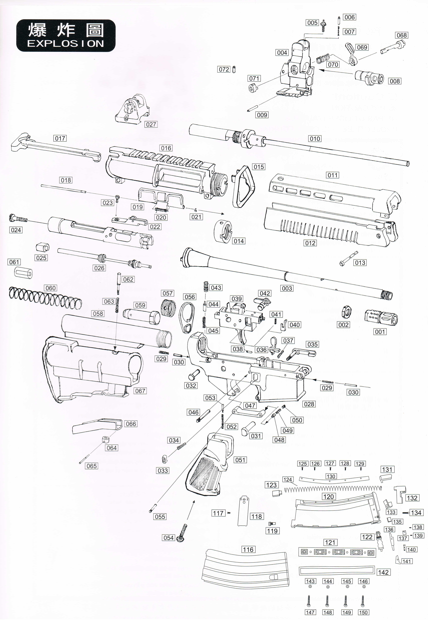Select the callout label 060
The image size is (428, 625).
point(51,288)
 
